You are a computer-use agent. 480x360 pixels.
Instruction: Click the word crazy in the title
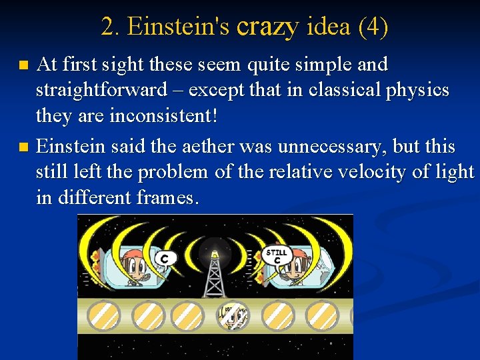(x=267, y=27)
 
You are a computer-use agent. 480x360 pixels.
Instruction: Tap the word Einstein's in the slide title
(x=178, y=27)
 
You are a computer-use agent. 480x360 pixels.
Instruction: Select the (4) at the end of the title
(x=373, y=27)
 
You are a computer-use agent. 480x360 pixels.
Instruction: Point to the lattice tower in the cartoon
(x=214, y=277)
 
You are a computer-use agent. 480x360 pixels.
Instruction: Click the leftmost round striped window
(x=104, y=315)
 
